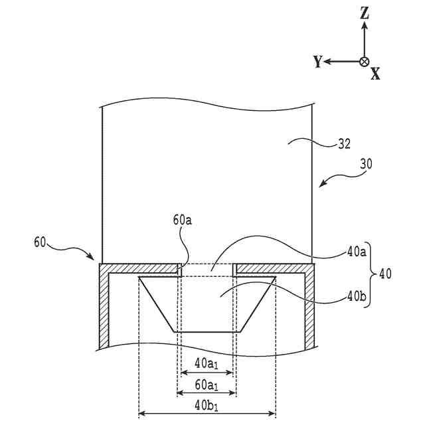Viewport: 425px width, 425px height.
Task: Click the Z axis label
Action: [364, 13]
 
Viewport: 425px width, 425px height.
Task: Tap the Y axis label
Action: [318, 62]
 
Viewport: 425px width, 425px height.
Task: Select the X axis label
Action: [375, 74]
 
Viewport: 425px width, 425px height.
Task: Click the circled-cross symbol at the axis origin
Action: [364, 61]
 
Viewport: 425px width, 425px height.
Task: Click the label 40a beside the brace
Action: [356, 252]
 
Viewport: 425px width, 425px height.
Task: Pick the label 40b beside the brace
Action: [356, 297]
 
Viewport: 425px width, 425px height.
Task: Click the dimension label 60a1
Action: [206, 384]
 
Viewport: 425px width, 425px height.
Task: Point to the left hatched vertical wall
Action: [103, 309]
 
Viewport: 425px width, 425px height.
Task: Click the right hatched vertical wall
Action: [309, 309]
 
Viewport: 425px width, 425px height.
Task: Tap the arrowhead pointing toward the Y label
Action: [329, 61]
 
